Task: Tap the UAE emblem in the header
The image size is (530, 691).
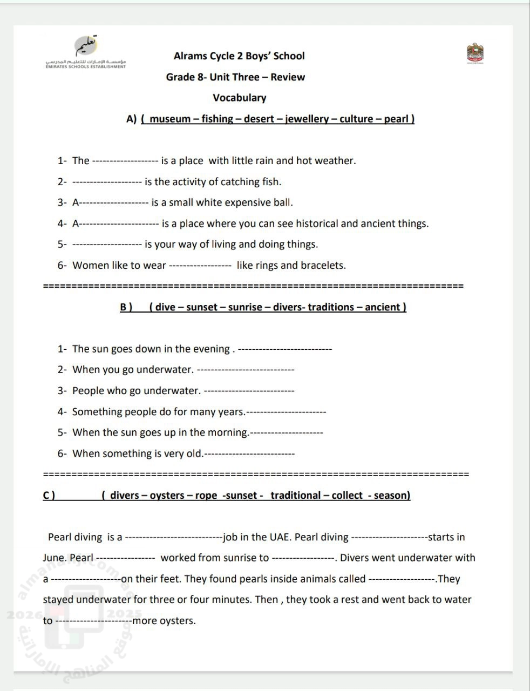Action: (x=475, y=54)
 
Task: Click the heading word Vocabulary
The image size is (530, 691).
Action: (x=239, y=98)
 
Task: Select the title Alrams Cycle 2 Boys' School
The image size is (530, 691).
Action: (x=239, y=56)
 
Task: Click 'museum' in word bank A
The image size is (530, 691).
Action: (x=170, y=119)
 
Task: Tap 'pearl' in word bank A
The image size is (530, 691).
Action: (x=397, y=119)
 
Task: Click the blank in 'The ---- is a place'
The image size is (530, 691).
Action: (x=125, y=161)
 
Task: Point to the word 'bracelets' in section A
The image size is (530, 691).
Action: (x=323, y=266)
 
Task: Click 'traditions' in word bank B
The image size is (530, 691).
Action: (x=331, y=307)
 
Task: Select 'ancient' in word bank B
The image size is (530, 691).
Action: (x=383, y=307)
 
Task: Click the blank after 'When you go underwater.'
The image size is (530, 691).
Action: (x=246, y=370)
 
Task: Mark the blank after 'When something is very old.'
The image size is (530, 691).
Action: (x=249, y=454)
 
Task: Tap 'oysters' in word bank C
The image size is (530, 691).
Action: (x=167, y=496)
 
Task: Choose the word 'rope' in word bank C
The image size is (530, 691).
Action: (x=206, y=496)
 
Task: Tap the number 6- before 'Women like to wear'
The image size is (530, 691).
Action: (x=62, y=266)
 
